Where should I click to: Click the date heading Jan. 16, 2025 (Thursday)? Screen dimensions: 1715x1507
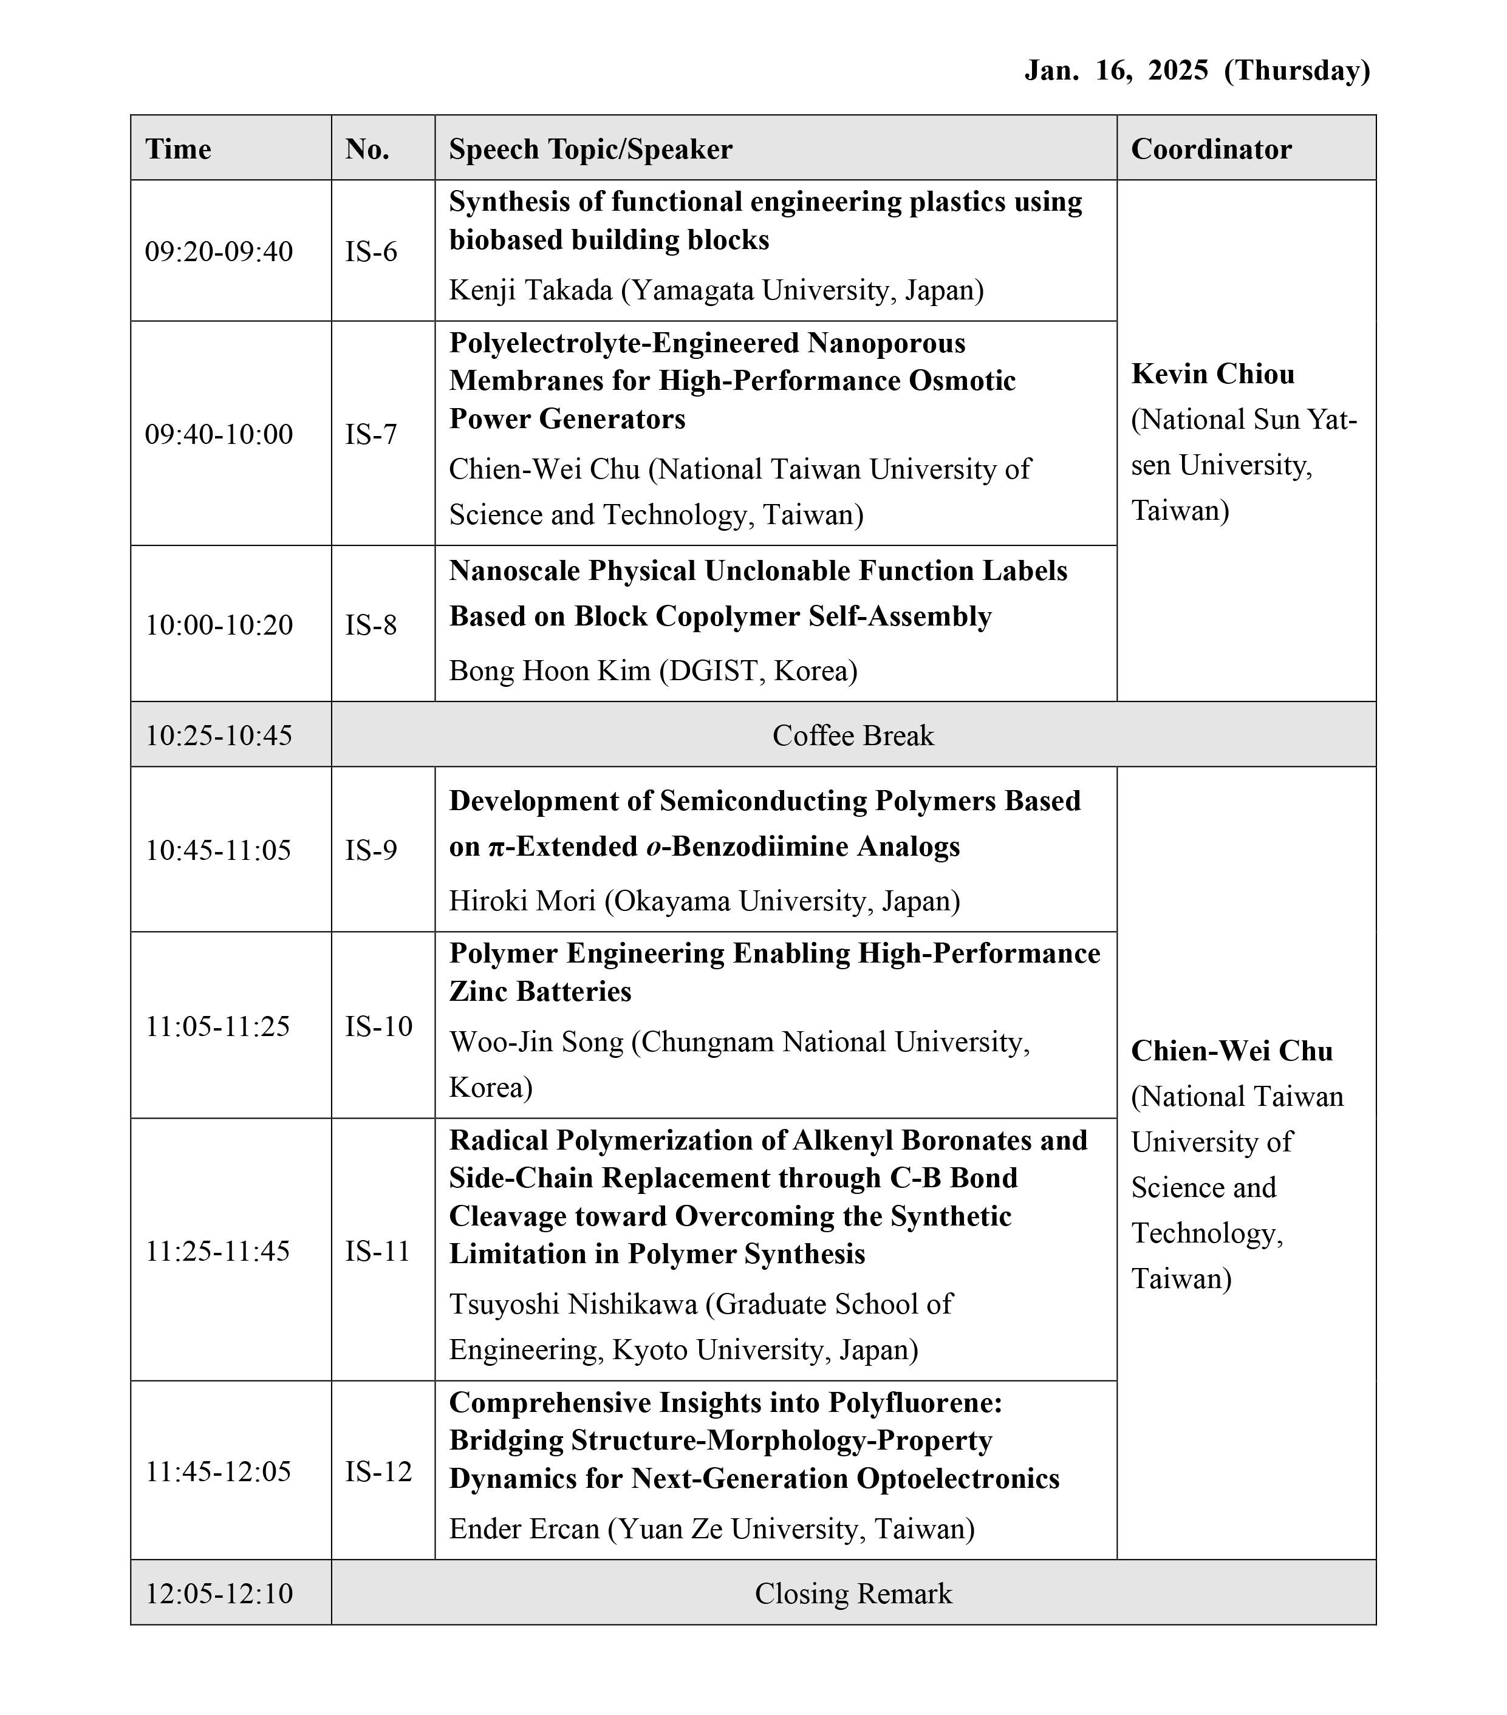click(x=1197, y=70)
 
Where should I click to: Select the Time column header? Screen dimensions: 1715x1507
click(x=178, y=149)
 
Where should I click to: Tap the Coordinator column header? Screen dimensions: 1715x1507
click(x=1211, y=149)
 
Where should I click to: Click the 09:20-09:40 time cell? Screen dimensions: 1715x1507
click(x=219, y=251)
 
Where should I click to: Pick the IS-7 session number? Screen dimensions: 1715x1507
click(x=371, y=434)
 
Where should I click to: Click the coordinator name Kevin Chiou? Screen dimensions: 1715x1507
click(x=1212, y=373)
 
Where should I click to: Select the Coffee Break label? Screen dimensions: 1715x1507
click(x=853, y=735)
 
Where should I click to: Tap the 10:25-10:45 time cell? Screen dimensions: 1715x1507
click(x=219, y=735)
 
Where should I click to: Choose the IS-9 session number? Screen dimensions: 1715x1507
click(x=371, y=850)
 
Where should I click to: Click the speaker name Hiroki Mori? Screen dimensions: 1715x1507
click(x=522, y=900)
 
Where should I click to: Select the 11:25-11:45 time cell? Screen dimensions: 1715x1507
click(x=218, y=1251)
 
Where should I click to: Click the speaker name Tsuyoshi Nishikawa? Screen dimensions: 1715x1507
click(x=573, y=1303)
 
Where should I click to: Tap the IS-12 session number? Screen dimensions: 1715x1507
click(x=378, y=1471)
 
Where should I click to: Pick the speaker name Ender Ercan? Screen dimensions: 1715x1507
click(x=524, y=1528)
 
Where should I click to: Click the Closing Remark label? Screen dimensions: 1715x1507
click(x=853, y=1594)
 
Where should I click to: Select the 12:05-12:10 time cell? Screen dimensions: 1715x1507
click(x=219, y=1594)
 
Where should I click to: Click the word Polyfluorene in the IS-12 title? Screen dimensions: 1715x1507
click(x=915, y=1402)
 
